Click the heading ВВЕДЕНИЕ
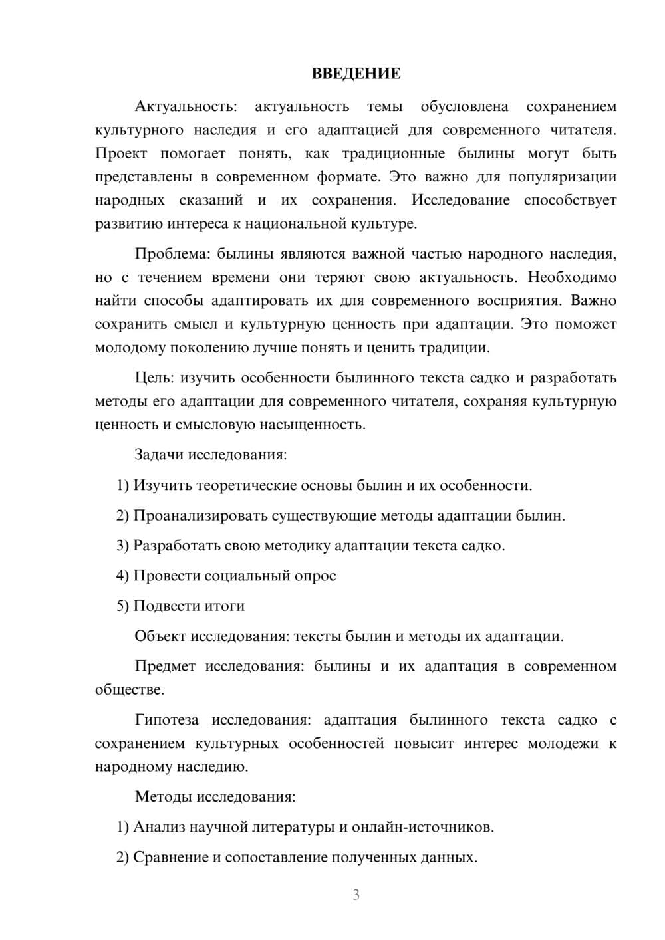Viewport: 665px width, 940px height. [356, 74]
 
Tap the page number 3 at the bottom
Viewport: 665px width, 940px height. [356, 895]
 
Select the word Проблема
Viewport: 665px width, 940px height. [174, 254]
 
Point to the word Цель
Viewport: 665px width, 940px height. [154, 378]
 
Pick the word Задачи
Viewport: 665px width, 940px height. [160, 455]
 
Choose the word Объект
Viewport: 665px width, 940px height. [160, 636]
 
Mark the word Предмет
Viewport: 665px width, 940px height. [165, 667]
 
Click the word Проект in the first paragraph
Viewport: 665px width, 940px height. [121, 154]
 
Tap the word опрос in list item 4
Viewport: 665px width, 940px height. [315, 576]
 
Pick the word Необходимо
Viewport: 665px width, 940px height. [572, 277]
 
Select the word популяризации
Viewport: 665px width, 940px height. [563, 177]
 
